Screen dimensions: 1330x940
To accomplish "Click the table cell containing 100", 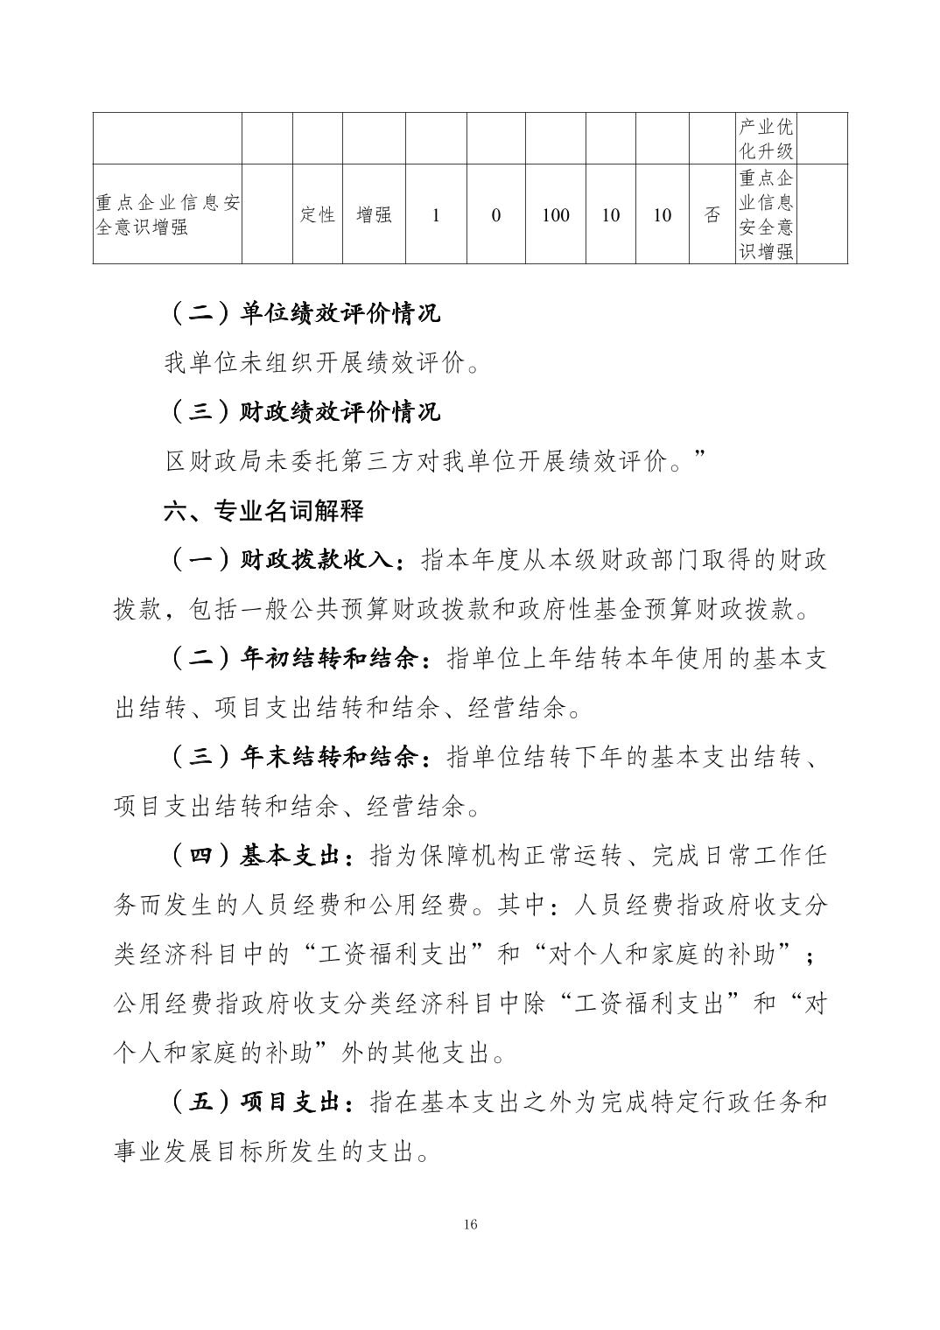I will tap(555, 215).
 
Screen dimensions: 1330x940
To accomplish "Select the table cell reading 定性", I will tap(318, 215).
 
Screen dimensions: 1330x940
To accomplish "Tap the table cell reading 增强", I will tap(374, 215).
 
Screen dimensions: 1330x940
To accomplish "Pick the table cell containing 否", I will tap(712, 215).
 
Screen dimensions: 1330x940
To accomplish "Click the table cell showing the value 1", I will tap(436, 215).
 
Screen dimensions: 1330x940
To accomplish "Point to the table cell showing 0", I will tap(495, 215).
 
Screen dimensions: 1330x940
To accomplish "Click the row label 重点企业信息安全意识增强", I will tap(168, 215).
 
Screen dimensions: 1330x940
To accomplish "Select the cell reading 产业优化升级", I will tap(766, 138).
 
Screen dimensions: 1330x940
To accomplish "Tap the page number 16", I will tap(470, 1224).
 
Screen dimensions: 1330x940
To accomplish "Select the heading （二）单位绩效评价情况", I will tap(302, 313).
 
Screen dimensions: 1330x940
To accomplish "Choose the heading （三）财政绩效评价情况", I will tap(302, 411).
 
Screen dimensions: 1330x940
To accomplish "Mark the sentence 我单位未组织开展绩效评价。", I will tap(322, 362).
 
